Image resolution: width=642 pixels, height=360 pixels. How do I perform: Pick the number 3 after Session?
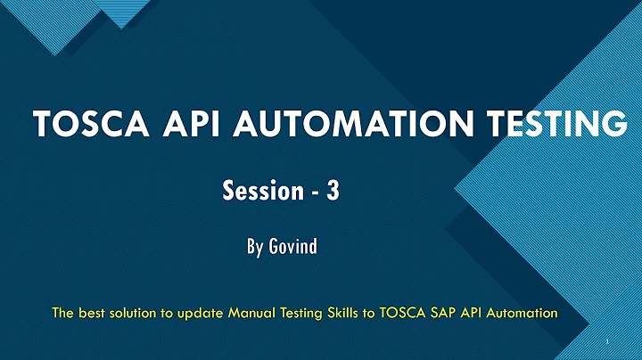(333, 191)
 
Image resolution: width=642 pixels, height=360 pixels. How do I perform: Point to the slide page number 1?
(605, 343)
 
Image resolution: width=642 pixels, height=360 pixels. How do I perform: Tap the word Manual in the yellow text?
(251, 313)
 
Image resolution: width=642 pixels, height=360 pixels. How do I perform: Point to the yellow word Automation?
(523, 313)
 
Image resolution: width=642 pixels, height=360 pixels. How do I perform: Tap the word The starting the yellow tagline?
(62, 313)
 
